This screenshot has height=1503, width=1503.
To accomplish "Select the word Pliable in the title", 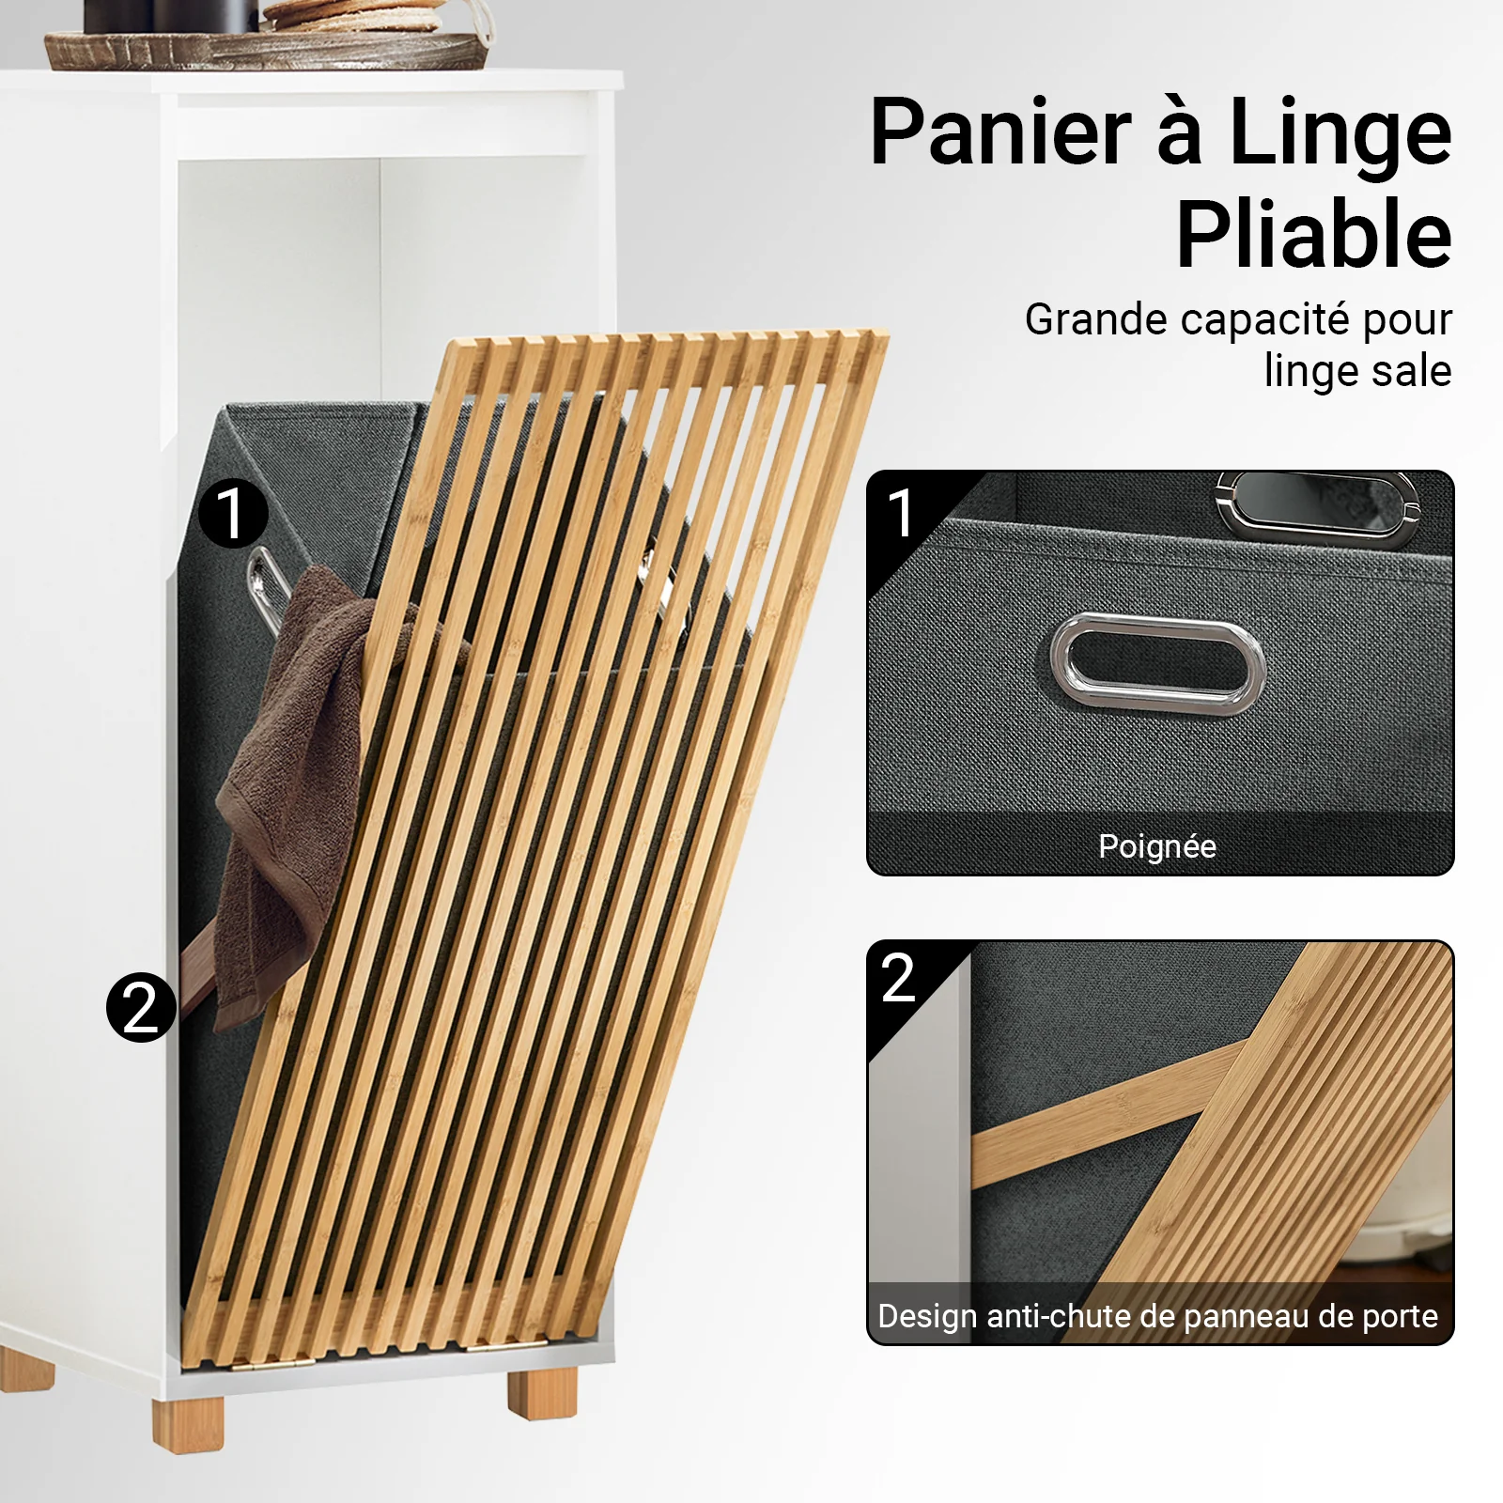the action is (x=1314, y=235).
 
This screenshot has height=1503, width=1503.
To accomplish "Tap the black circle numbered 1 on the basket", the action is (x=233, y=514).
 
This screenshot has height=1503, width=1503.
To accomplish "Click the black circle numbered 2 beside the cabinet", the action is (x=142, y=1008).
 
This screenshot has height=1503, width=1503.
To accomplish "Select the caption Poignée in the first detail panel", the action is (x=1157, y=847).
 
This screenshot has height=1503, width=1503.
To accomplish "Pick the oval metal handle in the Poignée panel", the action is (x=1156, y=663).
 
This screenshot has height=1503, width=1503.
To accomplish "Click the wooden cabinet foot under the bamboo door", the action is (x=542, y=1391).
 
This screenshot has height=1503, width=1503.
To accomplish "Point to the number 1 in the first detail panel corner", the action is (x=900, y=513).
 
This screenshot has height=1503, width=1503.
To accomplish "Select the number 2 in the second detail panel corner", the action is (x=899, y=978).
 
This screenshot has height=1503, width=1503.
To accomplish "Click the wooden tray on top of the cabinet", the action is (x=268, y=49).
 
